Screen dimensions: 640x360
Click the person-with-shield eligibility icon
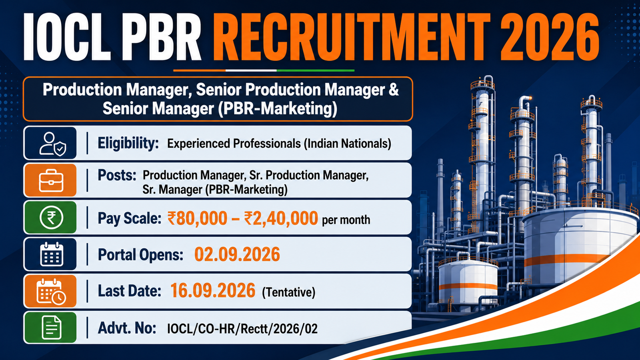coord(53,144)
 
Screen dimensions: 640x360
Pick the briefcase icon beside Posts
coord(51,180)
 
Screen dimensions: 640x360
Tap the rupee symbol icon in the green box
coord(52,218)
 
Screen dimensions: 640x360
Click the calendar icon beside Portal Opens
coord(52,254)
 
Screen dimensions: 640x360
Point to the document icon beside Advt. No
coord(52,328)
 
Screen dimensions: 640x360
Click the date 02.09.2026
coord(237,254)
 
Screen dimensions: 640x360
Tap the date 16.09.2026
coord(212,291)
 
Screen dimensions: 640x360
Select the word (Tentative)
coord(288,292)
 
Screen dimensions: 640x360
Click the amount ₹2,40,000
coord(281,218)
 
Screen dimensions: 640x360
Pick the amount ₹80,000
coord(197,218)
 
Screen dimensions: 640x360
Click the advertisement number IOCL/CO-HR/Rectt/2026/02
coord(242,328)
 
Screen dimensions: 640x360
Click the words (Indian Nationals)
coord(347,144)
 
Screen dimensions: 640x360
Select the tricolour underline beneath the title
coord(264,70)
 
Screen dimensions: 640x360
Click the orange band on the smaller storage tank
coord(468,287)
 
